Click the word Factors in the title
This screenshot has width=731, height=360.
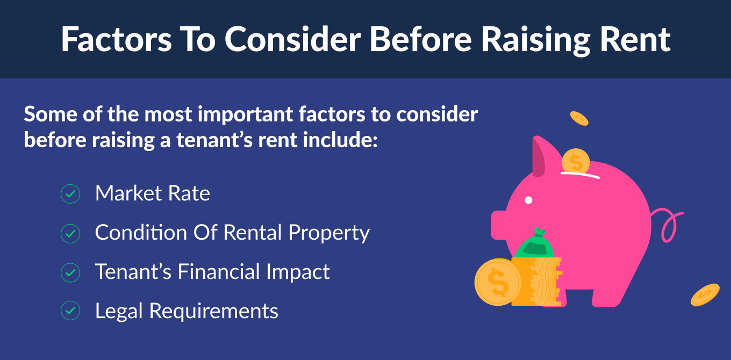click(x=117, y=39)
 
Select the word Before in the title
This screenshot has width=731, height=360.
click(x=420, y=39)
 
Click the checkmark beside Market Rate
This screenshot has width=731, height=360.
click(x=70, y=193)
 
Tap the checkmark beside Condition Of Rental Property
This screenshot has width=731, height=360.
click(x=70, y=234)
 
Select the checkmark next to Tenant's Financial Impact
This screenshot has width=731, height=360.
click(x=70, y=272)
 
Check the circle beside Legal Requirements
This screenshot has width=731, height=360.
click(x=70, y=311)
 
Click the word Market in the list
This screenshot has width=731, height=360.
click(x=128, y=193)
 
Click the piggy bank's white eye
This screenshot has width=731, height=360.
click(x=528, y=200)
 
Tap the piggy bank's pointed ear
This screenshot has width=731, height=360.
click(x=539, y=156)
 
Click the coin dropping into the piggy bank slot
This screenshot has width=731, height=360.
click(x=576, y=161)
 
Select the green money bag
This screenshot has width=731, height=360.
click(x=534, y=243)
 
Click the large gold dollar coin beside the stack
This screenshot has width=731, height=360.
click(x=497, y=282)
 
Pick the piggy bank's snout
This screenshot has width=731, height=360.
click(x=499, y=225)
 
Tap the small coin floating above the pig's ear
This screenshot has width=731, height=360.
click(x=579, y=118)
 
